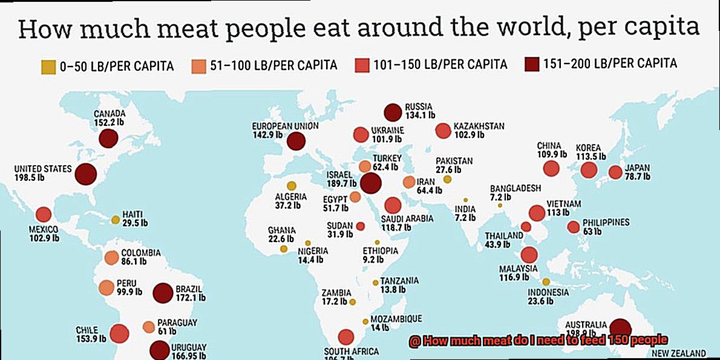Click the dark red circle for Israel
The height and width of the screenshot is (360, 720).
(x=370, y=183)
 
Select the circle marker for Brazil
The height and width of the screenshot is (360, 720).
(x=163, y=293)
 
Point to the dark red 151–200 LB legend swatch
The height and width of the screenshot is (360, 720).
(x=532, y=64)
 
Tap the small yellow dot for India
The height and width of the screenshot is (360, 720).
(x=466, y=200)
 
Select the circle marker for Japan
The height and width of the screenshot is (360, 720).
(x=615, y=172)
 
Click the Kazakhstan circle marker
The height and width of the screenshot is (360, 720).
(x=443, y=131)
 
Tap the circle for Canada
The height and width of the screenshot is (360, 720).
(x=108, y=139)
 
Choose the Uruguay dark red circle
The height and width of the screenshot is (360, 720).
(x=159, y=350)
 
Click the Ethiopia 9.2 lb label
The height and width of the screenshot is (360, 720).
(x=381, y=255)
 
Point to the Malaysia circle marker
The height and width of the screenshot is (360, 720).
(x=529, y=255)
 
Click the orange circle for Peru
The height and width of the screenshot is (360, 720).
(x=106, y=287)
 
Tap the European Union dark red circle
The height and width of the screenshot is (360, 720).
(x=296, y=142)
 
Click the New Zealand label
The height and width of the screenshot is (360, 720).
(x=678, y=353)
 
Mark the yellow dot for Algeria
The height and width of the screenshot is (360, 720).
(x=292, y=186)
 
